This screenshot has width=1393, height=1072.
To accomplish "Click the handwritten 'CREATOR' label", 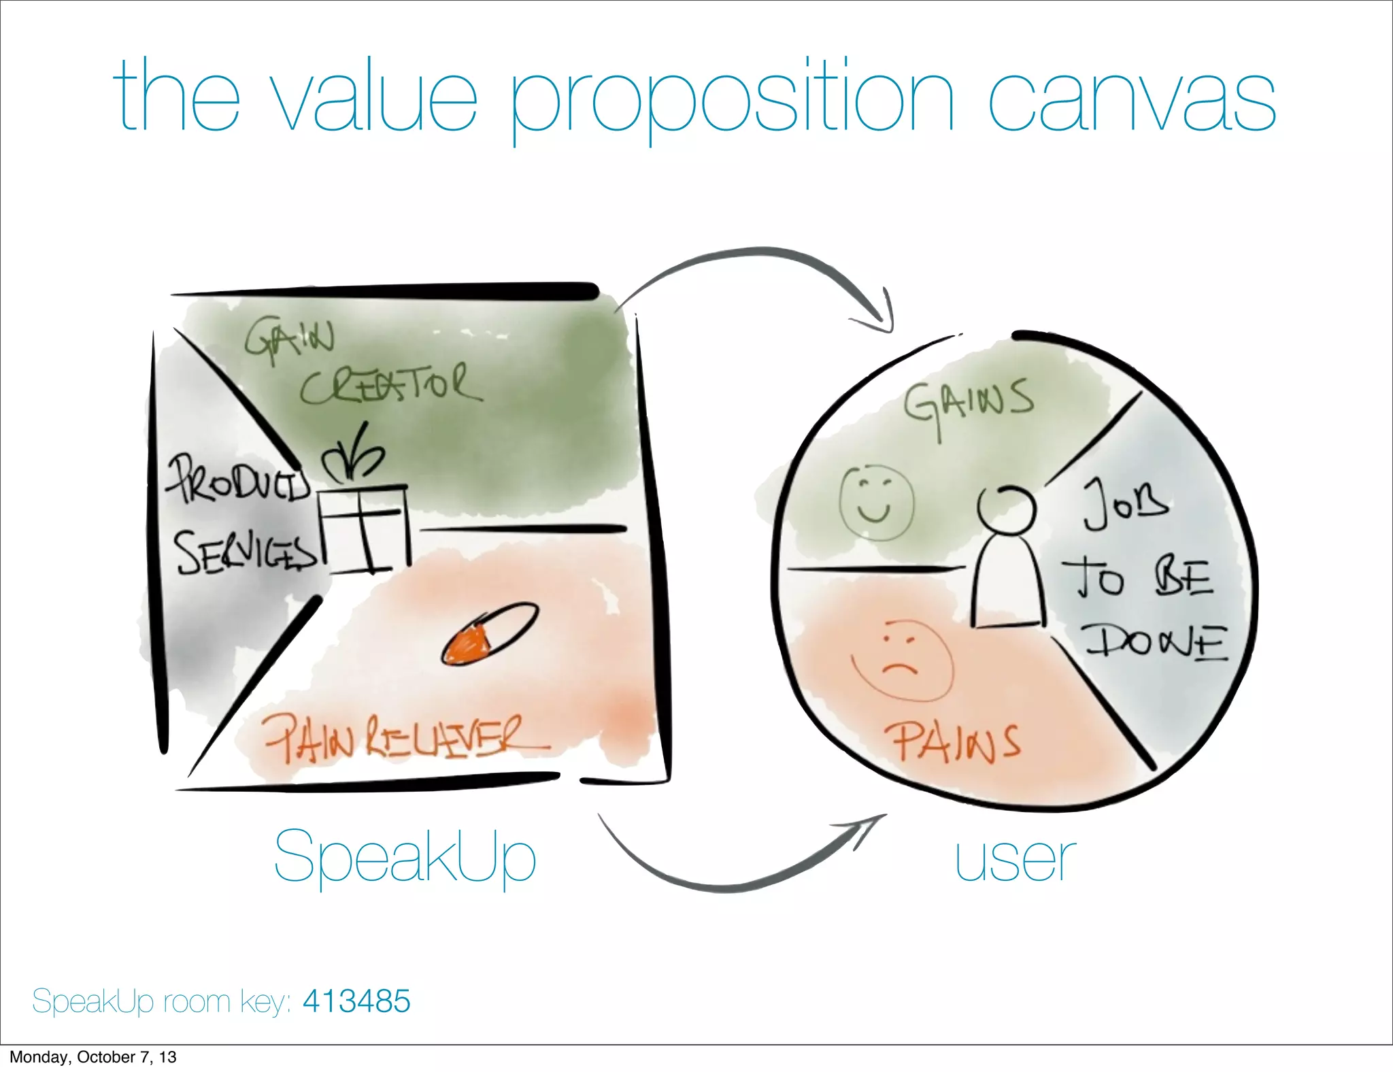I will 390,384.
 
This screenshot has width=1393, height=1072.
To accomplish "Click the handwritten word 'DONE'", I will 1157,643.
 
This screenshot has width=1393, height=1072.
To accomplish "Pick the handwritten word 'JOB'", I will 1126,504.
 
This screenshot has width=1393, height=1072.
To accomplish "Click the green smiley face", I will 876,503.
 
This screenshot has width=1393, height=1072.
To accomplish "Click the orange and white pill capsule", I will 490,633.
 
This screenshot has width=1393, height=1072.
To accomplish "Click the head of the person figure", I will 1006,509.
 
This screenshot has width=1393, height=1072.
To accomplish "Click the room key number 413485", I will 356,1001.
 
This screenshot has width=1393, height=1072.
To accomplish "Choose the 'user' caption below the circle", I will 1015,860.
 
